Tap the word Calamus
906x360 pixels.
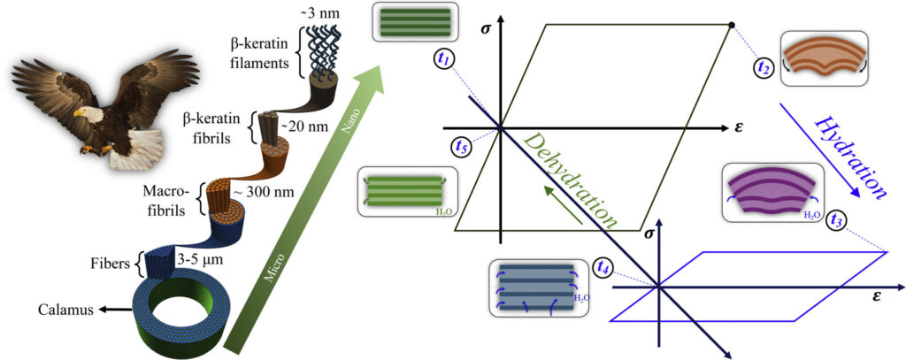pyautogui.click(x=63, y=310)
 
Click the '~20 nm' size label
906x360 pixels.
pyautogui.click(x=298, y=126)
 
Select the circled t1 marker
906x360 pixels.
pyautogui.click(x=445, y=59)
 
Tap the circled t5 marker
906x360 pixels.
pyautogui.click(x=460, y=147)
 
